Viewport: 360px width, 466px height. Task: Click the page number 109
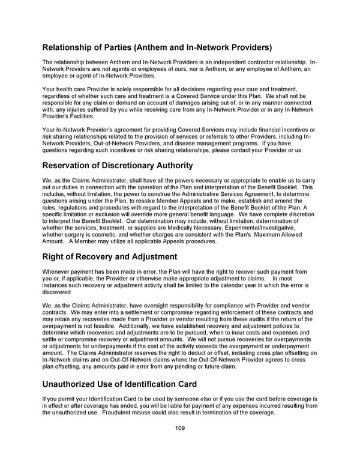[180, 428]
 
